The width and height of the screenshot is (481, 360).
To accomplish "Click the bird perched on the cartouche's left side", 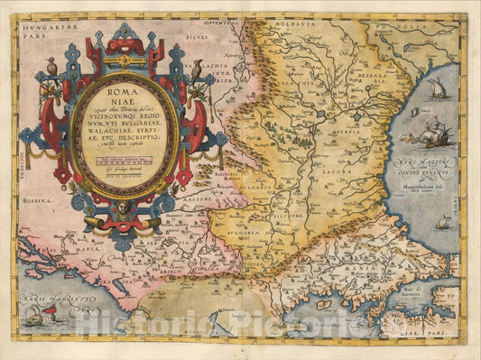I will (x=52, y=65).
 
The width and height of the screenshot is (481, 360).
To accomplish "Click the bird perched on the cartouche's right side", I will (x=196, y=69).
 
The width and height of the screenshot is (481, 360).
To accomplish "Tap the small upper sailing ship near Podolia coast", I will (x=437, y=88).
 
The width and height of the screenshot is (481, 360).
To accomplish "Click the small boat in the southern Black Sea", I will (x=443, y=222).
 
